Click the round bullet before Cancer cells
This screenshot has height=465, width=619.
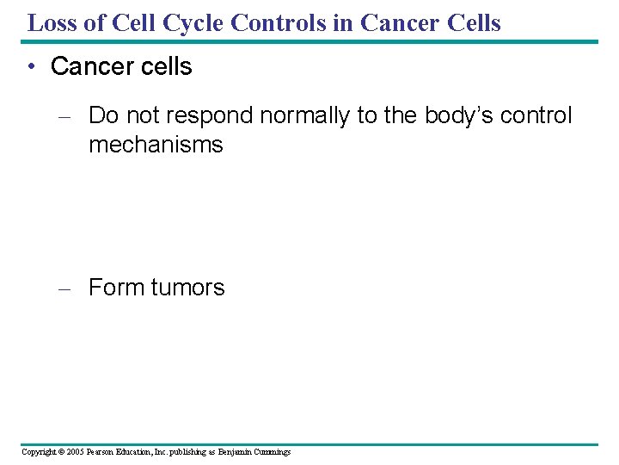[x=32, y=67]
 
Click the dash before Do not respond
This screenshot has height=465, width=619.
[x=64, y=116]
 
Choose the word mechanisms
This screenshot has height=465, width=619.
[x=156, y=145]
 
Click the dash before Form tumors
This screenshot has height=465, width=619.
[x=64, y=288]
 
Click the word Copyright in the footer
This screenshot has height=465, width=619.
[x=39, y=452]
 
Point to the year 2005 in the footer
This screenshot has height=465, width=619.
[x=74, y=452]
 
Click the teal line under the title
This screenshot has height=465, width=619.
[x=309, y=41]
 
